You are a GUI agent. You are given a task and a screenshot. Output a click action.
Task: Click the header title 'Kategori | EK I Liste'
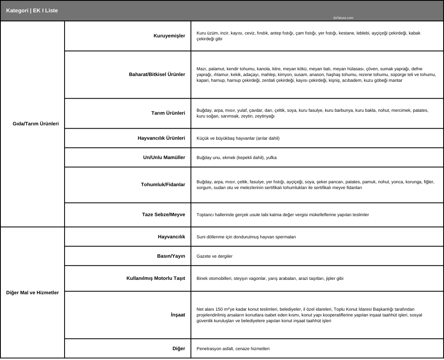pos(32,11)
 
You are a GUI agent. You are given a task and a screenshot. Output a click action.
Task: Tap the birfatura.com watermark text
pos(343,18)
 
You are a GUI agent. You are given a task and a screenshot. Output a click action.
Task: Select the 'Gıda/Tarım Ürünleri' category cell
pos(36,124)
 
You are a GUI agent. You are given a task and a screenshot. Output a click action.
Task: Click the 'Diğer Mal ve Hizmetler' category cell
pos(32,293)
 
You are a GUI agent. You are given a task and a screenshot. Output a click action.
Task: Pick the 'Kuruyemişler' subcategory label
pos(169,36)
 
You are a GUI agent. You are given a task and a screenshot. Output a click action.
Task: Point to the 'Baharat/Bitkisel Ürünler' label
pos(157,74)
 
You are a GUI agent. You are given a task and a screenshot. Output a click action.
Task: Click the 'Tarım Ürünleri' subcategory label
pos(168,113)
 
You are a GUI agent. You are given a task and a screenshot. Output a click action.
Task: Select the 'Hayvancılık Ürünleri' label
pos(161,138)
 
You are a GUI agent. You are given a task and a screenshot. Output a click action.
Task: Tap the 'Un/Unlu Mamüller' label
pos(164,157)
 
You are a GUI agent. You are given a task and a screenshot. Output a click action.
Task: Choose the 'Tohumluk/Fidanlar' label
pos(163,185)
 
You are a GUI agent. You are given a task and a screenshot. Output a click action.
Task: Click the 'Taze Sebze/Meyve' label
pos(164,215)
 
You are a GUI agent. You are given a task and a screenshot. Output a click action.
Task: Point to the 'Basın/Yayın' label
pos(171,256)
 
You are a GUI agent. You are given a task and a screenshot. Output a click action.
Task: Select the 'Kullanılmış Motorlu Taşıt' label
pos(156,278)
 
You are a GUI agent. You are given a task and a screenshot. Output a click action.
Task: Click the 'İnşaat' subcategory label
pos(178,315)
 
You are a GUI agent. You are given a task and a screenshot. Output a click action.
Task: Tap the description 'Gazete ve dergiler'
pos(215,256)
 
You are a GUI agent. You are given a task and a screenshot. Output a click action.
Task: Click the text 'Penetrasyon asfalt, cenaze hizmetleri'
pos(233,348)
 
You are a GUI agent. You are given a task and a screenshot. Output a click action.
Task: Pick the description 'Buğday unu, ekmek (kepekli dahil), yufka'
pos(236,157)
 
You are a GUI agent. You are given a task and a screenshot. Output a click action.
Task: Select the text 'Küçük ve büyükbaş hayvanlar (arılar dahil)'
pos(238,138)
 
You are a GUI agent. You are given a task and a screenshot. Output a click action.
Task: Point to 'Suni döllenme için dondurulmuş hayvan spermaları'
pos(246,237)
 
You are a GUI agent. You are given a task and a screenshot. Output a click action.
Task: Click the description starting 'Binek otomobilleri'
pos(270,278)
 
